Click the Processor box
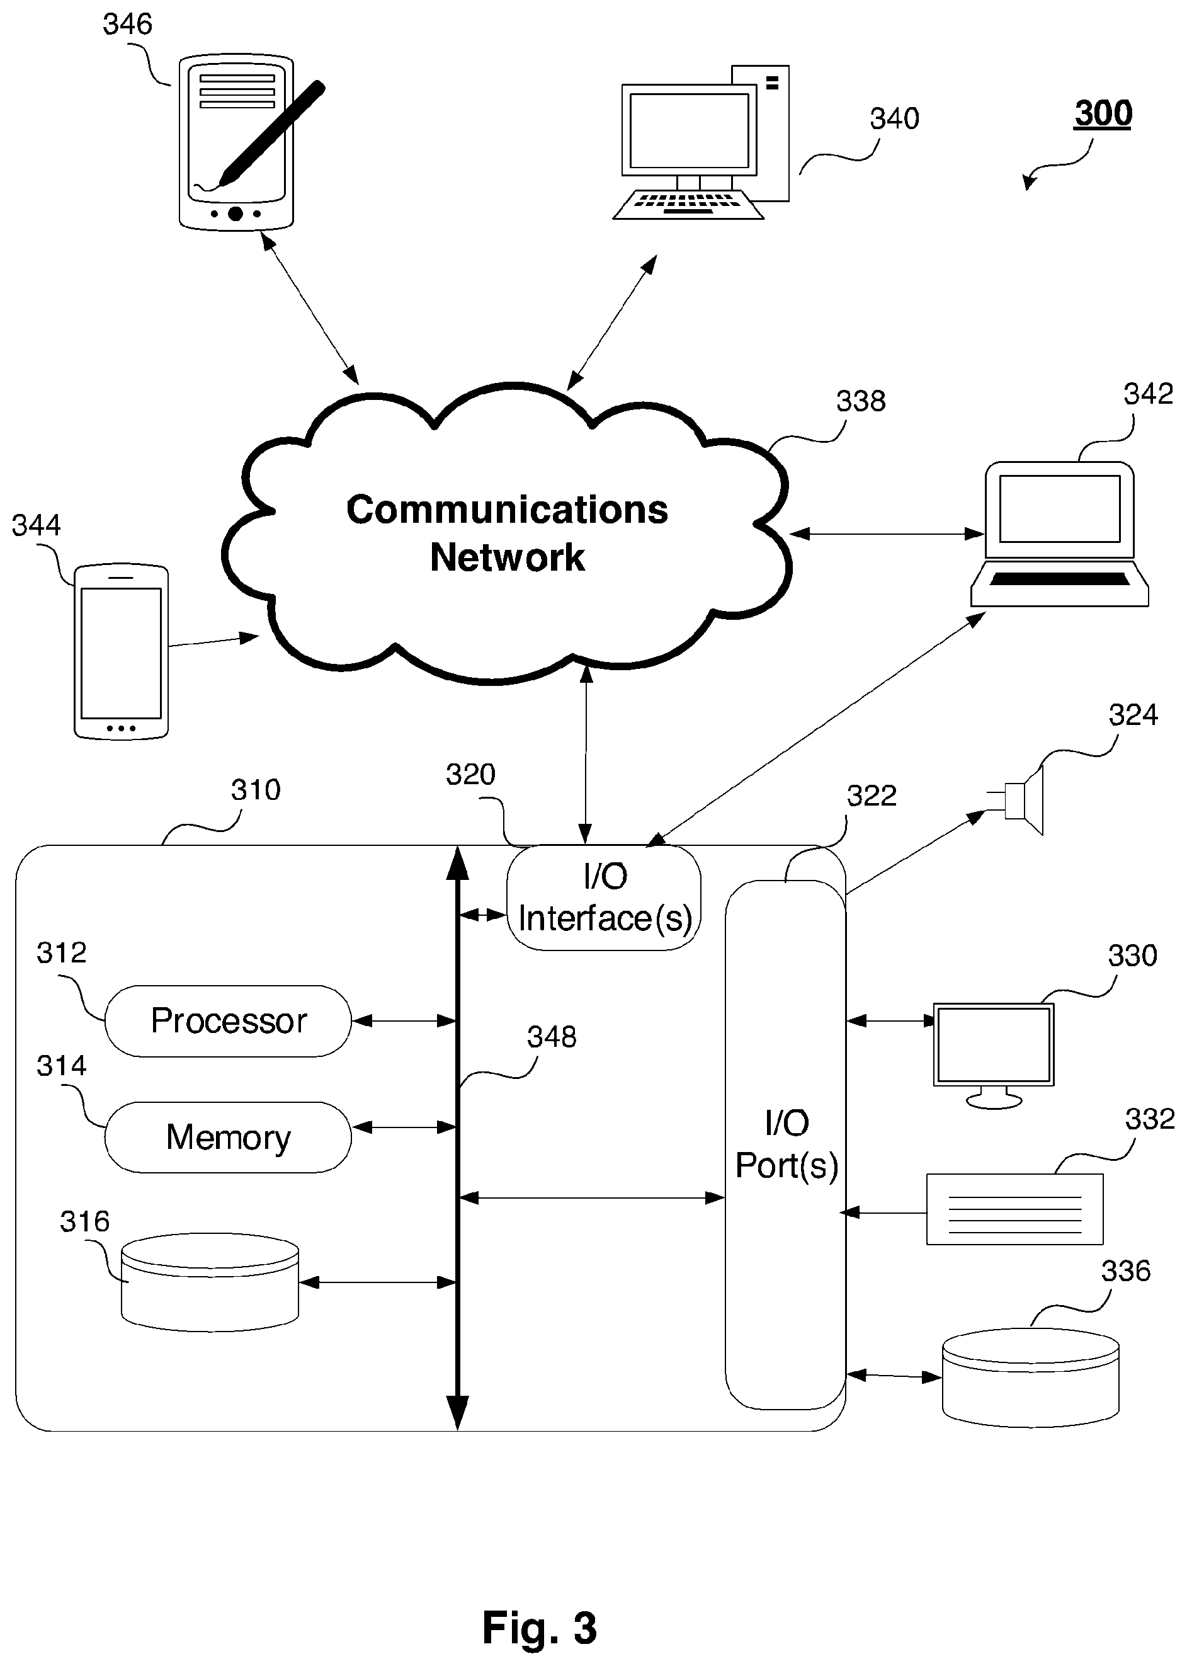[x=228, y=1020]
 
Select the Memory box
[x=228, y=1137]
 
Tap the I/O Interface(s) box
[x=604, y=898]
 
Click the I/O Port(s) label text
[x=787, y=1144]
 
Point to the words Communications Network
[x=508, y=533]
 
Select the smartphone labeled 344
[x=122, y=651]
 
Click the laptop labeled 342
[x=1059, y=533]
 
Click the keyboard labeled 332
[x=1014, y=1209]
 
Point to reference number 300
[x=1103, y=113]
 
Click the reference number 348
[x=552, y=1037]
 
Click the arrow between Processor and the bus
[x=404, y=1020]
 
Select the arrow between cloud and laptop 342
[x=887, y=533]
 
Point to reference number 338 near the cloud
[x=861, y=401]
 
